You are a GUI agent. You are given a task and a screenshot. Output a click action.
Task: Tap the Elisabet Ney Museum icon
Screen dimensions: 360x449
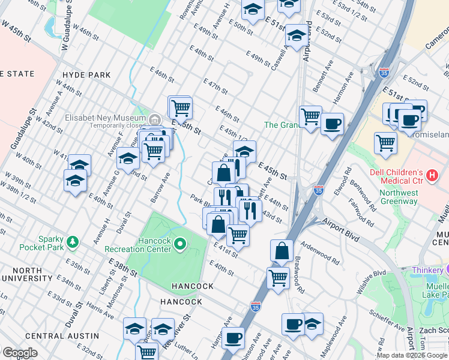[154, 118]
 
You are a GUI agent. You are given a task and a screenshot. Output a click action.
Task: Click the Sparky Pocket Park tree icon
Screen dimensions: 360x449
[73, 242]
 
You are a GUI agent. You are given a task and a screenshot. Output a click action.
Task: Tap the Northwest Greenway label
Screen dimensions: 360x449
[398, 197]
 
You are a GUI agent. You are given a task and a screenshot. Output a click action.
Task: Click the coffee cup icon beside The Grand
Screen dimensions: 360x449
[332, 124]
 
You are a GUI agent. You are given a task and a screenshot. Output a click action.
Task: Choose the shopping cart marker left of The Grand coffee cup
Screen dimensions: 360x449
[310, 116]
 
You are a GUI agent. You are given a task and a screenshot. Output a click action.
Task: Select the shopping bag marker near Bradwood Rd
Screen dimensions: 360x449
[282, 250]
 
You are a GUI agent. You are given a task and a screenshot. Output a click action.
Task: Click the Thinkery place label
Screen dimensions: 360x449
[426, 271]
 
